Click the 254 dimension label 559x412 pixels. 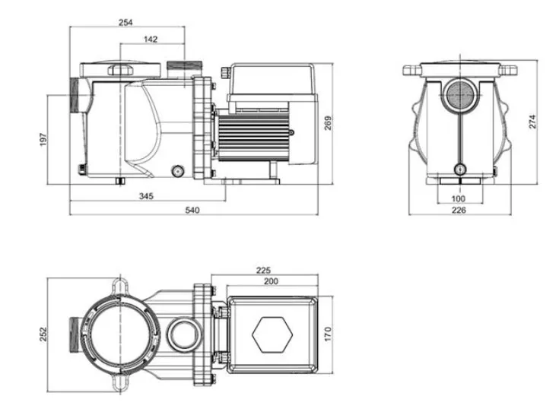pyautogui.click(x=125, y=23)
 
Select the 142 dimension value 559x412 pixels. pyautogui.click(x=151, y=40)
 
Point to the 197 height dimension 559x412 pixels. pyautogui.click(x=43, y=139)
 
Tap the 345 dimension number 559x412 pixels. pyautogui.click(x=146, y=196)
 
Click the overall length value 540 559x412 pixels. pyautogui.click(x=192, y=211)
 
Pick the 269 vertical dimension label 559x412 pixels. pyautogui.click(x=328, y=123)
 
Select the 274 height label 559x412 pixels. pyautogui.click(x=532, y=122)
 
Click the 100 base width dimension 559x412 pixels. pyautogui.click(x=459, y=198)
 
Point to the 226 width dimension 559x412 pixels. pyautogui.click(x=459, y=211)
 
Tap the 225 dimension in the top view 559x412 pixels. pyautogui.click(x=263, y=270)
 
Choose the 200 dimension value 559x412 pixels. pyautogui.click(x=271, y=281)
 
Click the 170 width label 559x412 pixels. pyautogui.click(x=328, y=334)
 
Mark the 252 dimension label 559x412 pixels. pyautogui.click(x=43, y=334)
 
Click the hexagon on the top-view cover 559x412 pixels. pyautogui.click(x=272, y=334)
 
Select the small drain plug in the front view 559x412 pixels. pyautogui.click(x=460, y=169)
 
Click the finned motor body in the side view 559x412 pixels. pyautogui.click(x=253, y=135)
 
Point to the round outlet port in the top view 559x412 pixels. pyautogui.click(x=184, y=334)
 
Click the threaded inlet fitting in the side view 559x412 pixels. pyautogui.click(x=74, y=95)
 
